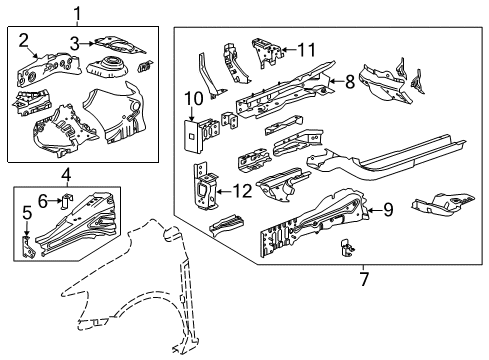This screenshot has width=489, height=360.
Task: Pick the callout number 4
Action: point(65,177)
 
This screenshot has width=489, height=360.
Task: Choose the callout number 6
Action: point(44,200)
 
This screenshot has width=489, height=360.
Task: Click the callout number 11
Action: point(306,47)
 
